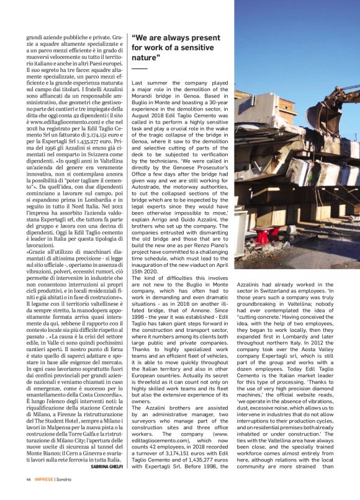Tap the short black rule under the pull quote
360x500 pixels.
(139, 68)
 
